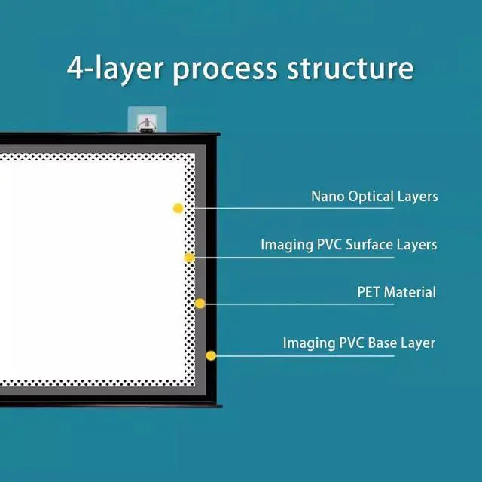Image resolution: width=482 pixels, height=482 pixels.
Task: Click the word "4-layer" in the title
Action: (x=114, y=69)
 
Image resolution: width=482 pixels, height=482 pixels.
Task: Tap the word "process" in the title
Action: (x=224, y=69)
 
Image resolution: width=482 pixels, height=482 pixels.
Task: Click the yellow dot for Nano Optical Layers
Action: (x=178, y=208)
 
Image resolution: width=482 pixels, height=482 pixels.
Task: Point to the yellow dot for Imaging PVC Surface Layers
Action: (x=189, y=258)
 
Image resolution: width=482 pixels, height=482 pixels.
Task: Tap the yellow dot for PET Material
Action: (x=200, y=304)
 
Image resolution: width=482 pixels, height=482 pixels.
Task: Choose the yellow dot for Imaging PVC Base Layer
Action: (x=211, y=355)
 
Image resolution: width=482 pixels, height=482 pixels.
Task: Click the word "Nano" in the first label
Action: (x=328, y=197)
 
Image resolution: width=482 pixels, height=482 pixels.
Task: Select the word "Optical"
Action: (x=371, y=197)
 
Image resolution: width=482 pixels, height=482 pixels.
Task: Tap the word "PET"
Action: (x=368, y=291)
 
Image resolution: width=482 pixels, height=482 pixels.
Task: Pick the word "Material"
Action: (x=410, y=291)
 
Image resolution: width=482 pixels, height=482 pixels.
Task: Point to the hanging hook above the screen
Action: (x=146, y=120)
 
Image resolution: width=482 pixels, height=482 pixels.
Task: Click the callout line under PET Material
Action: (x=301, y=304)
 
